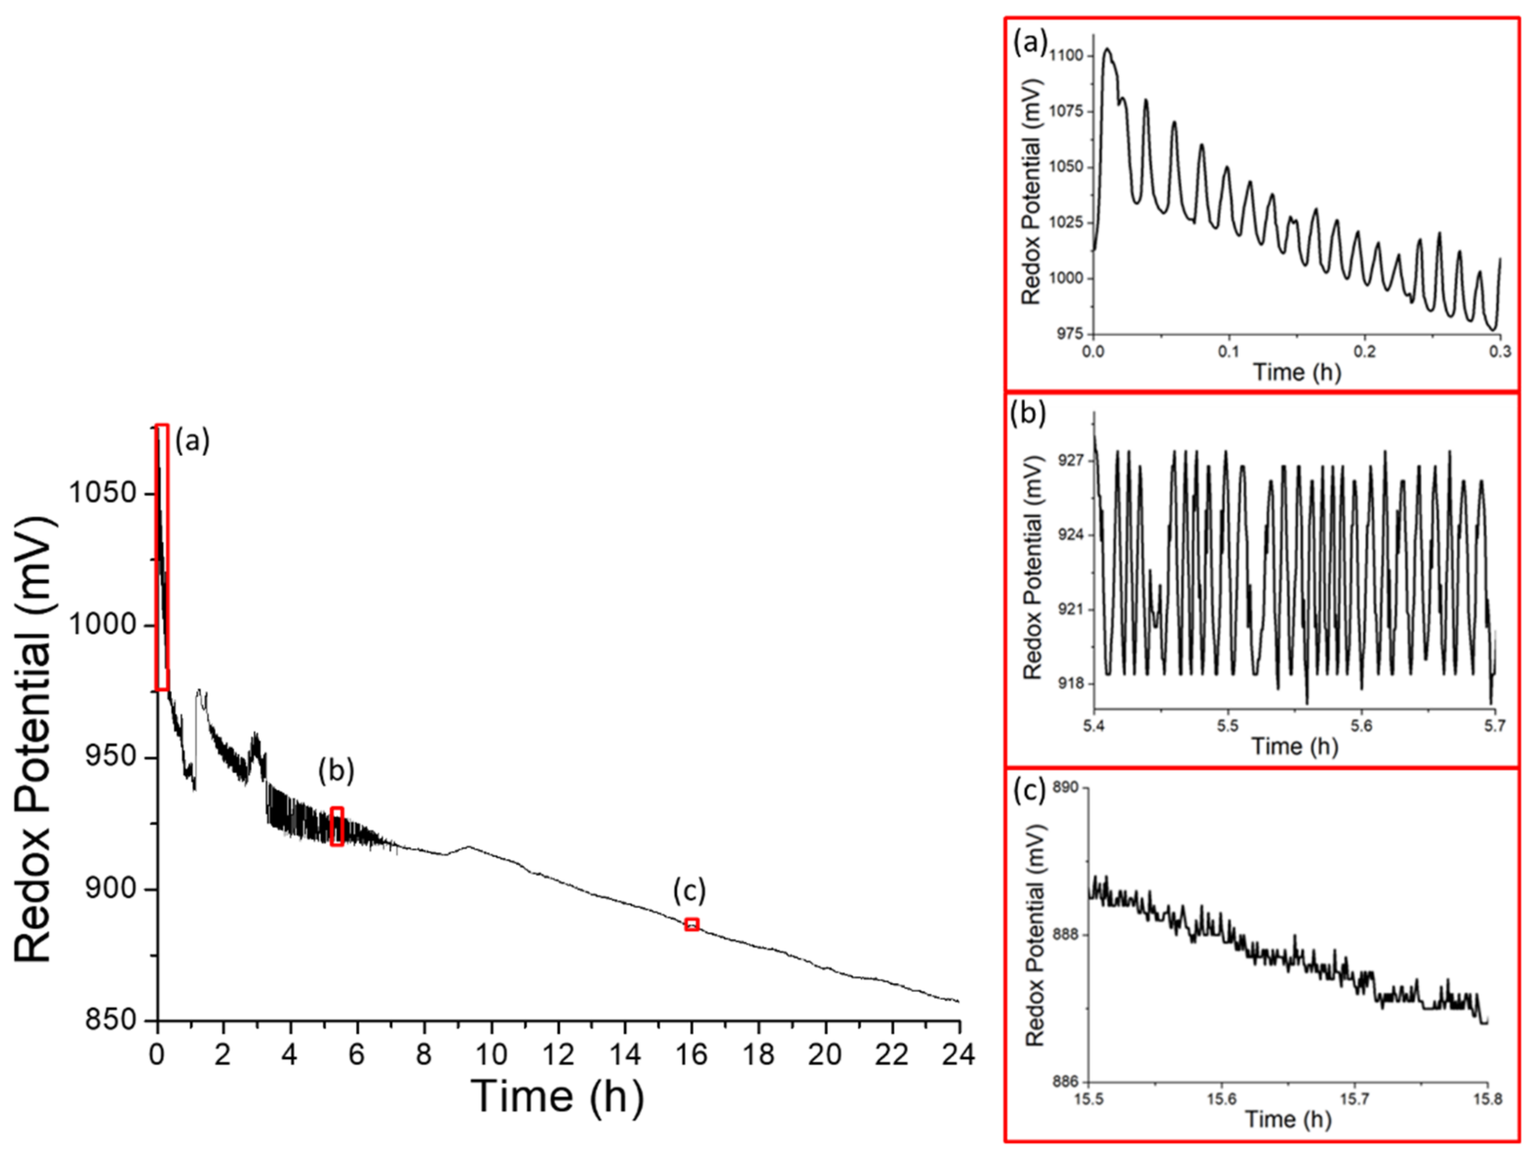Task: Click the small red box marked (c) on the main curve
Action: click(692, 924)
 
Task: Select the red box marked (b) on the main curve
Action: click(337, 826)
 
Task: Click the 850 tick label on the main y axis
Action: click(102, 1020)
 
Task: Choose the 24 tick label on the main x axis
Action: click(959, 1055)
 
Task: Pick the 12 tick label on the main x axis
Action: click(558, 1055)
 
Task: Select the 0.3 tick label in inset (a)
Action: click(1500, 351)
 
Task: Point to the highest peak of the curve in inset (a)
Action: click(1107, 49)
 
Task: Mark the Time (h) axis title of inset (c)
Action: click(1288, 1119)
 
